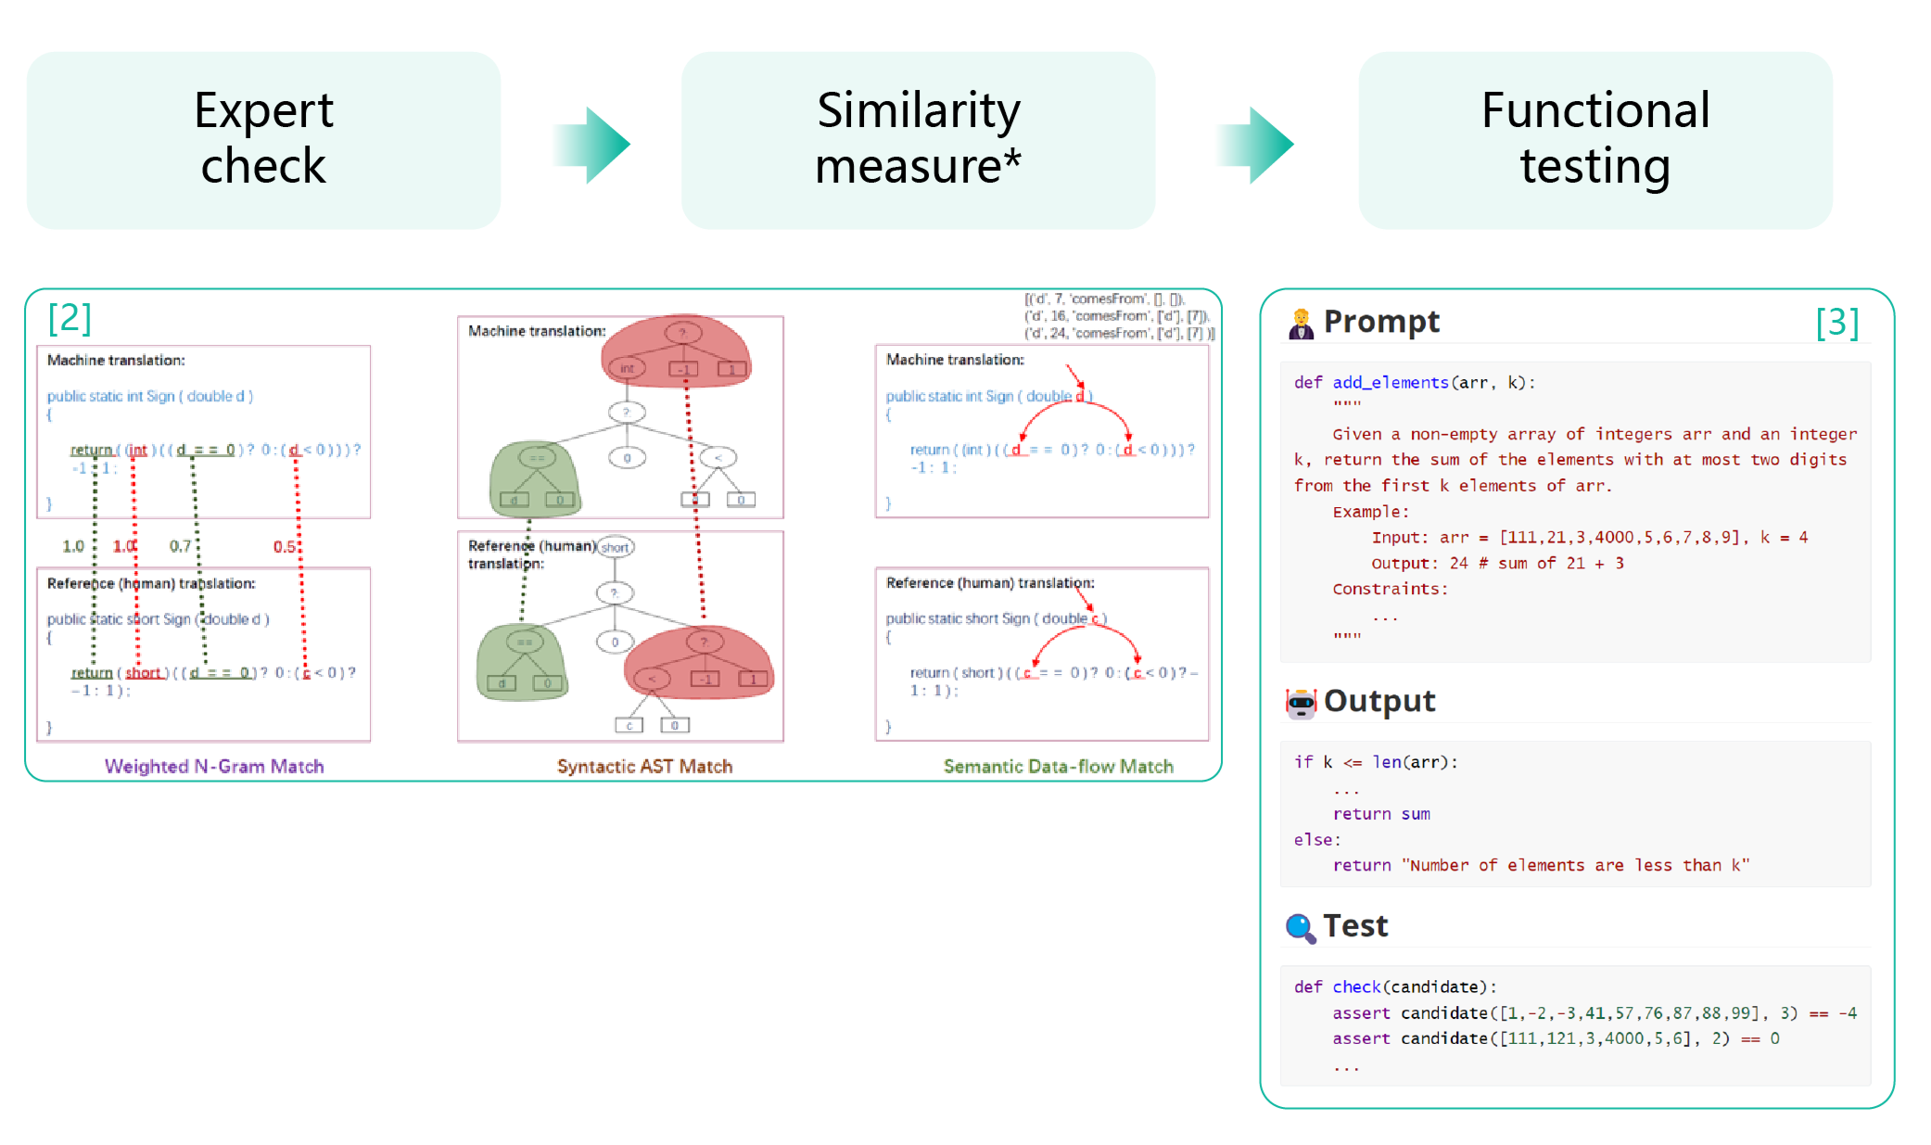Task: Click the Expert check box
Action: (x=264, y=140)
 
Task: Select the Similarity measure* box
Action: (x=919, y=140)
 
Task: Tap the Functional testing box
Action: (x=1595, y=140)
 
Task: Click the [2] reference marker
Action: (x=70, y=318)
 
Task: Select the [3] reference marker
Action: (x=1837, y=323)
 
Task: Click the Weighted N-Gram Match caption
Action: (x=214, y=766)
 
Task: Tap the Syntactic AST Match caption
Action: (x=644, y=766)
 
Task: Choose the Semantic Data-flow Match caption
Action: (x=1058, y=766)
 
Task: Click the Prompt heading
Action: (x=1381, y=322)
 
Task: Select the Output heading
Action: (x=1379, y=701)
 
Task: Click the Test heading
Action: (x=1355, y=925)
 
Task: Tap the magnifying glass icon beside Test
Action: (x=1301, y=927)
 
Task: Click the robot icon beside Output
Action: (x=1302, y=704)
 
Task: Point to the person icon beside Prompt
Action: (x=1302, y=324)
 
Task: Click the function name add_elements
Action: (x=1391, y=382)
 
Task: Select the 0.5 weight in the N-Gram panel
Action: (x=285, y=546)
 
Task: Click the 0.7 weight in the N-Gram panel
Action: (x=180, y=546)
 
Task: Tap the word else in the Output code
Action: (x=1314, y=840)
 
